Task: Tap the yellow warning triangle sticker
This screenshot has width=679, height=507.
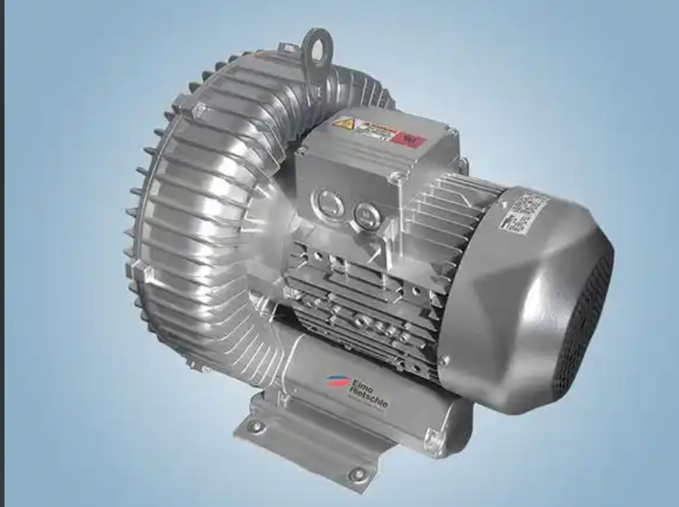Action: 343,123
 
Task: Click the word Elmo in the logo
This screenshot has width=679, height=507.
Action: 360,384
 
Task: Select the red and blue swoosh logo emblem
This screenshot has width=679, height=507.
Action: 334,381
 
